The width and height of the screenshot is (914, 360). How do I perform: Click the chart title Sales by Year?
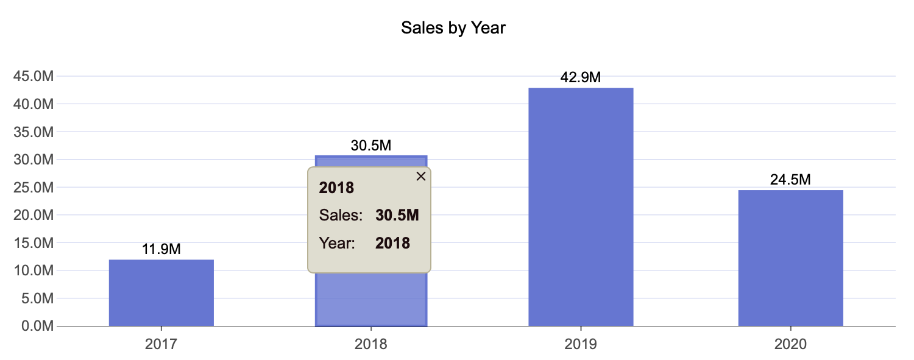453,28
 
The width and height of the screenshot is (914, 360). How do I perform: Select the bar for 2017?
161,293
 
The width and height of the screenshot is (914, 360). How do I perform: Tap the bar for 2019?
581,207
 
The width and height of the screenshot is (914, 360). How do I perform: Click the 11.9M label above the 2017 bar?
161,249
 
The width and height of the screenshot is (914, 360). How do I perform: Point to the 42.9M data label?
581,78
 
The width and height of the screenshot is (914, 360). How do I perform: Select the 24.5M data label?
790,180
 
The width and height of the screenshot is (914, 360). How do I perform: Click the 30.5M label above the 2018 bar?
370,146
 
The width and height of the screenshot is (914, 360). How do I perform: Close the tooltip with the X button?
420,176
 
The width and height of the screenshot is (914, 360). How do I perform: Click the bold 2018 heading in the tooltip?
336,188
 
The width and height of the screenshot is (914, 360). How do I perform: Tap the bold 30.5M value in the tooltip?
397,215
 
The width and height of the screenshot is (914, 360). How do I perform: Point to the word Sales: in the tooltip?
341,215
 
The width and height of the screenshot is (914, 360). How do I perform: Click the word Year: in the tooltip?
337,243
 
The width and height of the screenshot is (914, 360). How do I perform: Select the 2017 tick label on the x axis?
161,344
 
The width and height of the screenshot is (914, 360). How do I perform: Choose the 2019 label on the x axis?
581,344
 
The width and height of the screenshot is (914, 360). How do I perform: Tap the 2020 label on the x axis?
790,344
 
